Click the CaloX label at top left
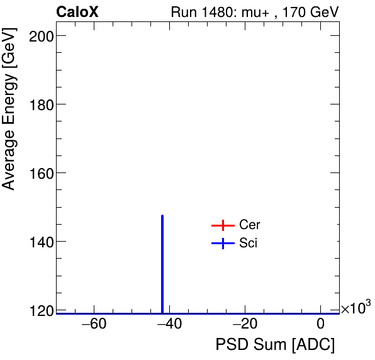click(x=77, y=12)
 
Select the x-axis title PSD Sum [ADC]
click(x=275, y=346)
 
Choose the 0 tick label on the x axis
click(x=320, y=325)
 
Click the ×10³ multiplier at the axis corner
click(x=355, y=308)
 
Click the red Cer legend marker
click(x=223, y=225)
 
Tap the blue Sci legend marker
click(x=223, y=244)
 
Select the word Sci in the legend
click(x=248, y=244)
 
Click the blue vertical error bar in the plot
click(x=162, y=264)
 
